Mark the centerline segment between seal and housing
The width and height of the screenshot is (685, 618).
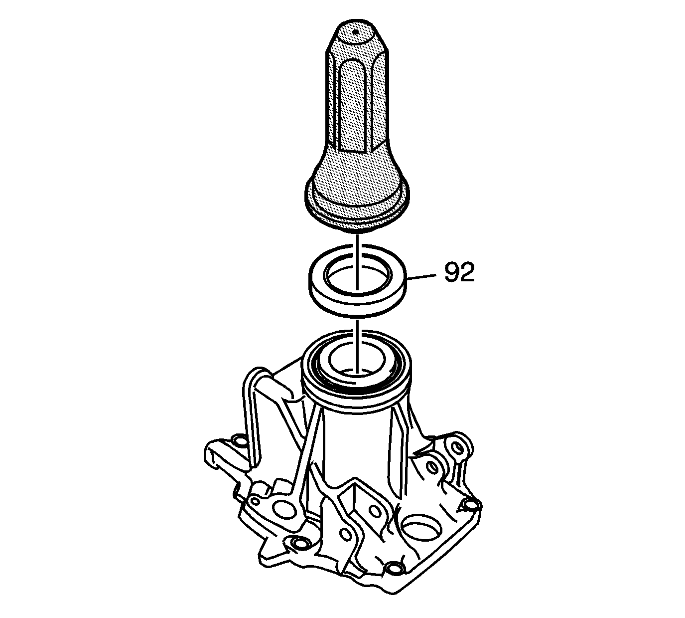coord(357,346)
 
